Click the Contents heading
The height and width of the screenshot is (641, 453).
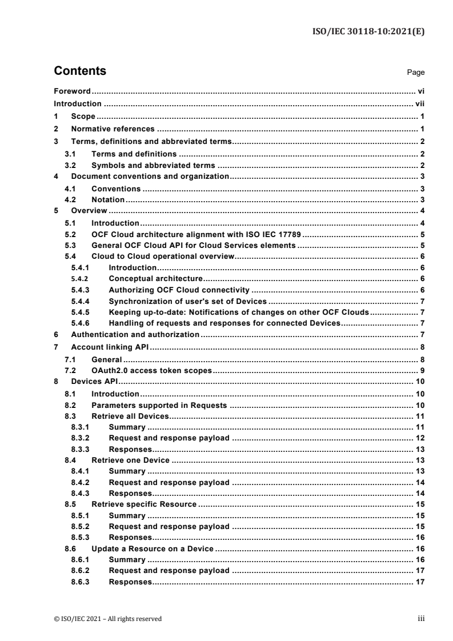pyautogui.click(x=79, y=71)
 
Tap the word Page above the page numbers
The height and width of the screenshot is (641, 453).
pyautogui.click(x=416, y=73)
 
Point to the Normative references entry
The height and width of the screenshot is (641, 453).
pyautogui.click(x=113, y=129)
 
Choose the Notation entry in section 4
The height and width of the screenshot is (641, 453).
pyautogui.click(x=108, y=199)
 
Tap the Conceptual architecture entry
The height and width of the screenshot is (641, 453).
pyautogui.click(x=156, y=279)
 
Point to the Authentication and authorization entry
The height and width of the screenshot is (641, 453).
pyautogui.click(x=135, y=334)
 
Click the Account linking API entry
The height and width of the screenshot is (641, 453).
pyautogui.click(x=109, y=347)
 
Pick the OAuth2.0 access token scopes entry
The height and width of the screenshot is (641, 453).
pyautogui.click(x=151, y=371)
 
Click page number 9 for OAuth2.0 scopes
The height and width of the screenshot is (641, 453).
pyautogui.click(x=420, y=371)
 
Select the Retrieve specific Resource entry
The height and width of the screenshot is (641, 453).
pyautogui.click(x=144, y=504)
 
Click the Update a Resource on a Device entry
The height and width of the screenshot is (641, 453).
pyautogui.click(x=153, y=549)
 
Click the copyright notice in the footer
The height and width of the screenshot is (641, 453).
pyautogui.click(x=107, y=619)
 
